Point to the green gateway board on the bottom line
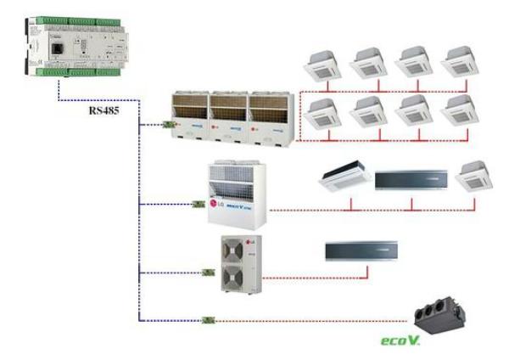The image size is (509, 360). coord(206,320)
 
